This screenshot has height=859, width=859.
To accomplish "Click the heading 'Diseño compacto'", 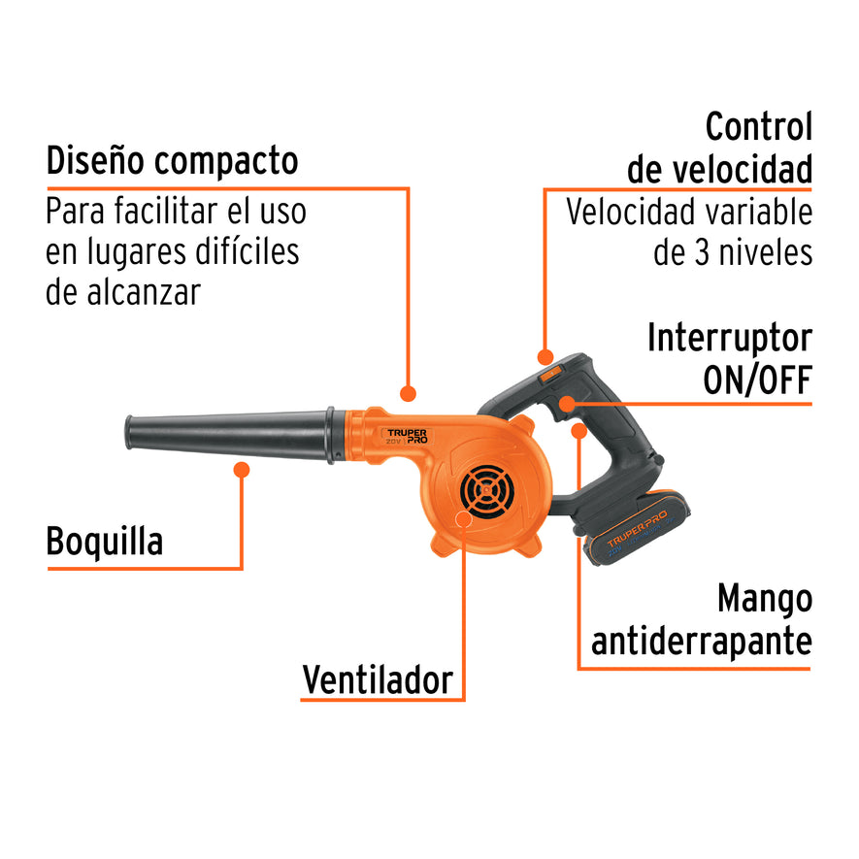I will (172, 160).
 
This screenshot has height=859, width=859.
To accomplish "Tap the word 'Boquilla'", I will (105, 542).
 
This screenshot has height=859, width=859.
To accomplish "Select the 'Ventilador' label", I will (378, 679).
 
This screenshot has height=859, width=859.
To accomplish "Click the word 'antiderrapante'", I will (702, 641).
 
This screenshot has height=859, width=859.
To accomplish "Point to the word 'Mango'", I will (764, 599).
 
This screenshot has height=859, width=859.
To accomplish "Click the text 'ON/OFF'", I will (757, 380).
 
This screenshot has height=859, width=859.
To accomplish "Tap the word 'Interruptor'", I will (729, 338).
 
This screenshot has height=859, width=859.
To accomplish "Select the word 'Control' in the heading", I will (758, 127).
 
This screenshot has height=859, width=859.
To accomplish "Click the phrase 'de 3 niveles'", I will (733, 252).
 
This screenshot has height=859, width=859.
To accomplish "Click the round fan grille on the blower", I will (490, 491).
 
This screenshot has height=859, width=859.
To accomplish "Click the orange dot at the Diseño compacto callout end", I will (409, 394).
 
